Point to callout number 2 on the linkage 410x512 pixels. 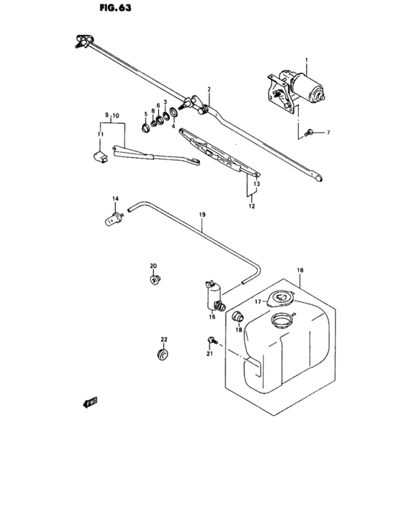(209, 89)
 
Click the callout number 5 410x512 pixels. (146, 114)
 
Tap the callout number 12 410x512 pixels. (250, 206)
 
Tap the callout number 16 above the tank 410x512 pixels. (299, 271)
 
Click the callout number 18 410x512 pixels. (238, 331)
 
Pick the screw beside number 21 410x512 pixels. (212, 340)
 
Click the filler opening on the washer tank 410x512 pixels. (280, 320)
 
